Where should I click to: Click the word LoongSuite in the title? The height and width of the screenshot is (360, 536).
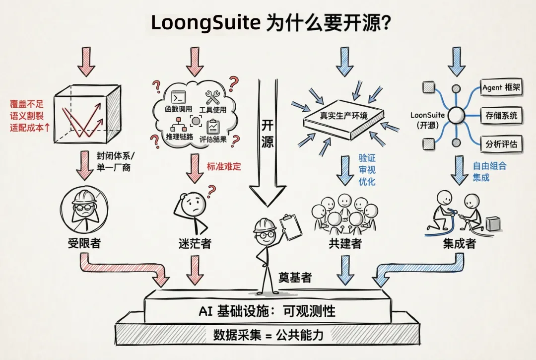point(205,22)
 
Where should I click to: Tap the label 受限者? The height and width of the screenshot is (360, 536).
point(84,243)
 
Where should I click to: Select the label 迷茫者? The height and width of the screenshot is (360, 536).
point(195,243)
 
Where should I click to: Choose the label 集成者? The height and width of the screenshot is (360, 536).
point(459,244)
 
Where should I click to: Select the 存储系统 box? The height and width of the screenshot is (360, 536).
point(501,116)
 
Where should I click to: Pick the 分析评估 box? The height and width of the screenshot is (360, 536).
point(501,144)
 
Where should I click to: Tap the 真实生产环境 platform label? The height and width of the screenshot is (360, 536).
point(343,116)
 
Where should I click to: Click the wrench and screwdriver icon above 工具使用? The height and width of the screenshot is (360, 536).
point(215,97)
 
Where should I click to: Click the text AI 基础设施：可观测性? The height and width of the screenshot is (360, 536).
point(267,311)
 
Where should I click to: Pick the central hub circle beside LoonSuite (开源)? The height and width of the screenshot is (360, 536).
point(456,116)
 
